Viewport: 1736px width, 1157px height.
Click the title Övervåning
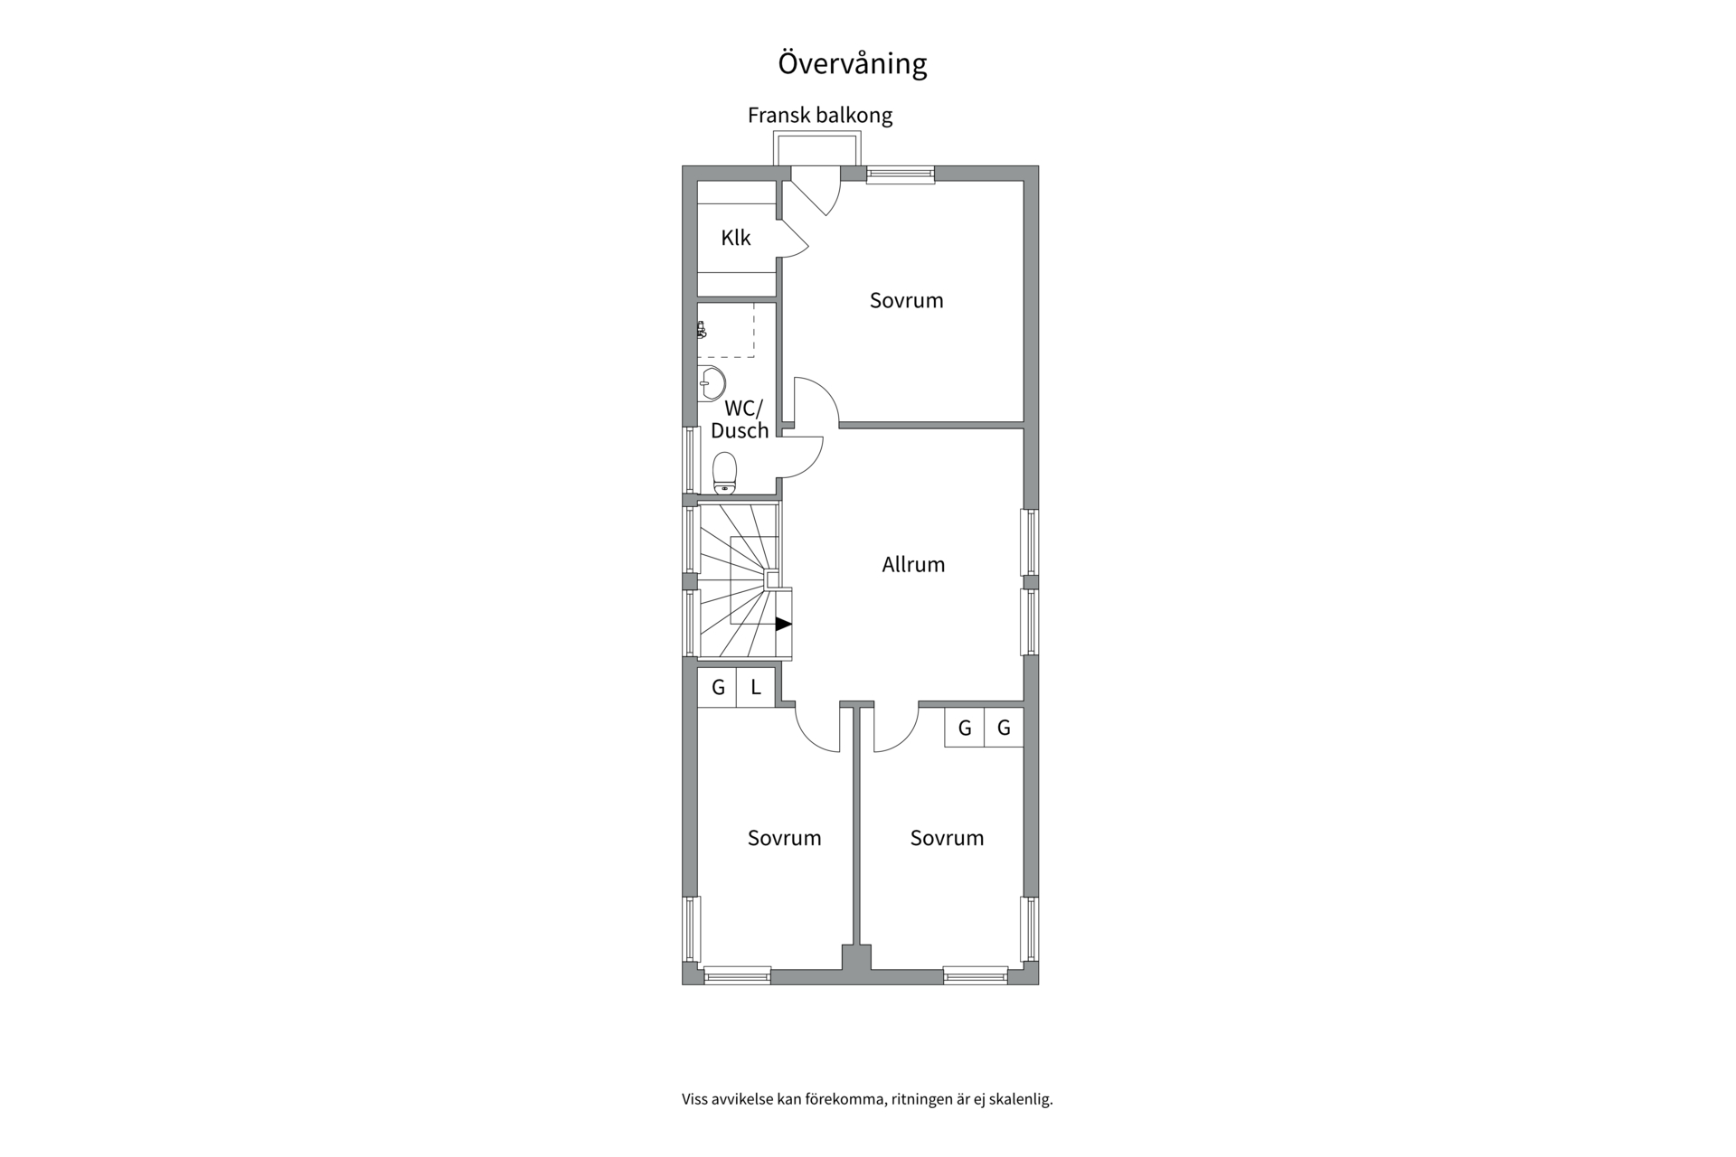tap(853, 63)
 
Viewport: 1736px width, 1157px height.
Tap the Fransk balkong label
tap(820, 116)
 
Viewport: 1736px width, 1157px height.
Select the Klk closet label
tap(736, 238)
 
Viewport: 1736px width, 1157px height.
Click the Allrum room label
tap(913, 564)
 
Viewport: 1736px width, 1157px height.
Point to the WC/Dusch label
tap(740, 419)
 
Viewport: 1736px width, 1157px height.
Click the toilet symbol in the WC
tap(724, 474)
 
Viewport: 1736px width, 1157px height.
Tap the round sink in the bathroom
tap(711, 383)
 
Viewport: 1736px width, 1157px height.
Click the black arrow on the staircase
tap(784, 624)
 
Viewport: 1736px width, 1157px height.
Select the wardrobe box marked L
tap(756, 687)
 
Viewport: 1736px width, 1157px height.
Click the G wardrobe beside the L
tap(718, 687)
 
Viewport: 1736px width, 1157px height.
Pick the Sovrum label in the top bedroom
tap(906, 300)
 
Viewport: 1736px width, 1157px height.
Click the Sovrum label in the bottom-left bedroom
tap(784, 838)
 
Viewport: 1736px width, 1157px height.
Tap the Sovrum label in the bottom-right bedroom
tap(947, 838)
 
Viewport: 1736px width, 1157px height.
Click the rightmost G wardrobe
tap(1004, 728)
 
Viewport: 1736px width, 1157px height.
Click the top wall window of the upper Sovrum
tap(901, 174)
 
